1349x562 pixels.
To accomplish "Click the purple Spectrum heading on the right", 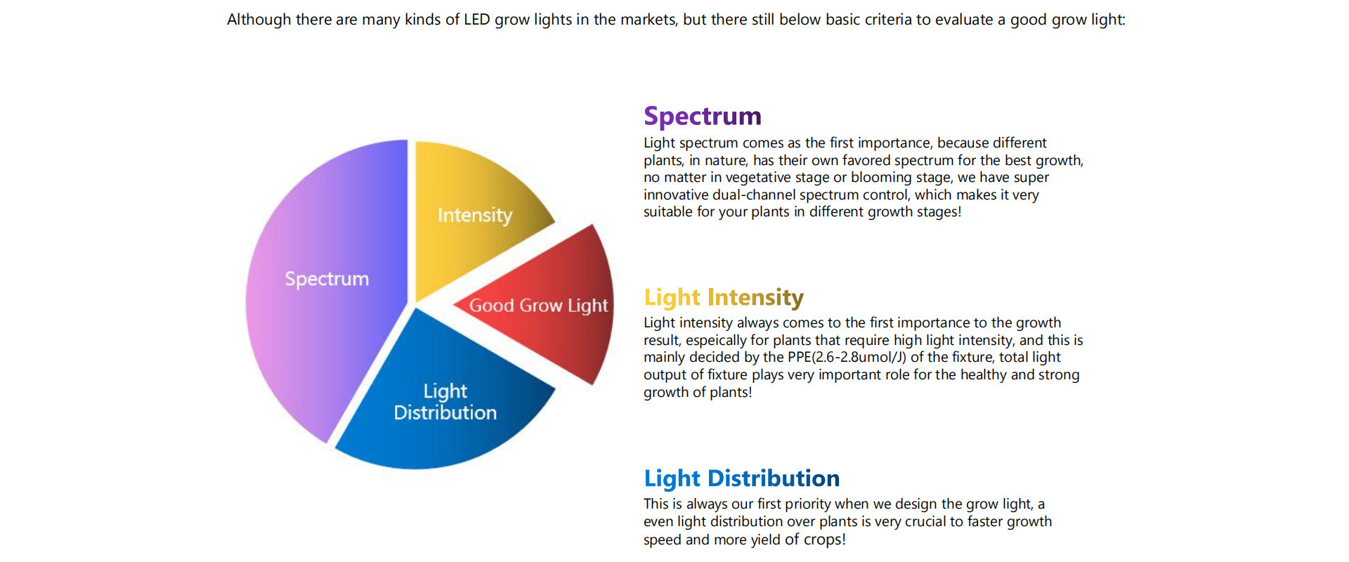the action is coord(703,116).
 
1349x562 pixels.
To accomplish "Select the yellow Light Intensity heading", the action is coord(724,297).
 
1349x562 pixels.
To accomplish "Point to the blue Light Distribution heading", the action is coord(742,478).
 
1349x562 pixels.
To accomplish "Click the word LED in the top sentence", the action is coord(477,20).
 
